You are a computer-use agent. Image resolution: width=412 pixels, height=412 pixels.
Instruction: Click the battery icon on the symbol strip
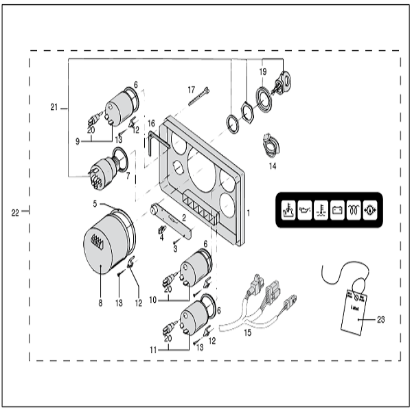(x=336, y=208)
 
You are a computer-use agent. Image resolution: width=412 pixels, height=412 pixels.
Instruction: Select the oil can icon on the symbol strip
(x=303, y=208)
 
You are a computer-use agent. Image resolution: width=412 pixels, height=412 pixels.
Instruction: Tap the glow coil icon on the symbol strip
(x=354, y=208)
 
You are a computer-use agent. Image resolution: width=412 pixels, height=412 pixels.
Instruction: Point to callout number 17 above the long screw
(x=192, y=89)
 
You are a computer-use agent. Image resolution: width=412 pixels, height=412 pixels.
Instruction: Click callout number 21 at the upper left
(x=55, y=107)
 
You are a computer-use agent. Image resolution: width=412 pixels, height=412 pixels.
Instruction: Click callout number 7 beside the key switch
(x=128, y=177)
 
